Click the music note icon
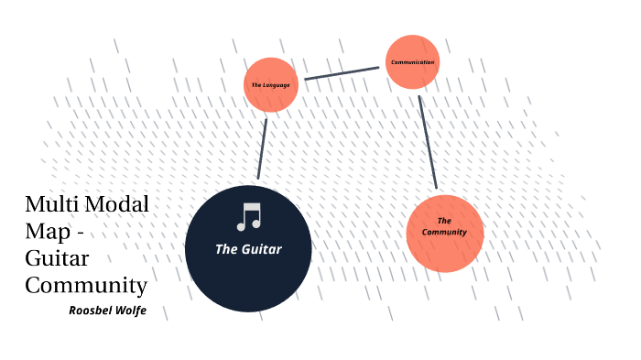[248, 217]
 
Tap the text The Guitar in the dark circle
[248, 249]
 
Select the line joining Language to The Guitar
[262, 146]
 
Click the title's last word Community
[86, 284]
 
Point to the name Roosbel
[92, 311]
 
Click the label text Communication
[412, 62]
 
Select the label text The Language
[271, 85]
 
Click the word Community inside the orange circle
[444, 233]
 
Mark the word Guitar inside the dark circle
[263, 249]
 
